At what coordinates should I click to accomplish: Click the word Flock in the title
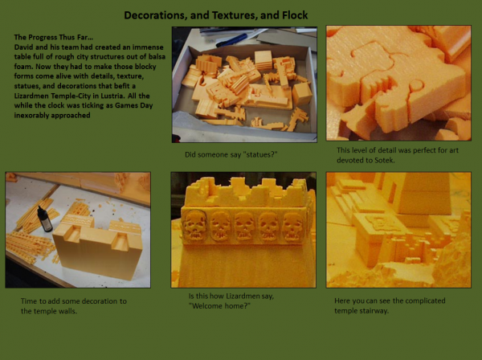pyautogui.click(x=295, y=15)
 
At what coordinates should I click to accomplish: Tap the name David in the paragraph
pyautogui.click(x=22, y=47)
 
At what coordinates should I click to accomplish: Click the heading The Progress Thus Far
pyautogui.click(x=54, y=37)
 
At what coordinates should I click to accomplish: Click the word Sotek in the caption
pyautogui.click(x=384, y=160)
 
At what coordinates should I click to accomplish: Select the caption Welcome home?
pyautogui.click(x=219, y=306)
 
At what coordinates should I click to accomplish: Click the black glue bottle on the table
pyautogui.click(x=45, y=219)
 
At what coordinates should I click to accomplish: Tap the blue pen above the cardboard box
pyautogui.click(x=232, y=40)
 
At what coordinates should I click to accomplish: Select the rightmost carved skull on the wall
pyautogui.click(x=293, y=227)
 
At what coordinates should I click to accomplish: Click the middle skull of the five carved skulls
pyautogui.click(x=244, y=226)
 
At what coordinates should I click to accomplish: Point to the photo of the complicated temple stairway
pyautogui.click(x=398, y=230)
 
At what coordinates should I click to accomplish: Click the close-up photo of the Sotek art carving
pyautogui.click(x=398, y=83)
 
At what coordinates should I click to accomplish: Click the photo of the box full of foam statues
pyautogui.click(x=244, y=84)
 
